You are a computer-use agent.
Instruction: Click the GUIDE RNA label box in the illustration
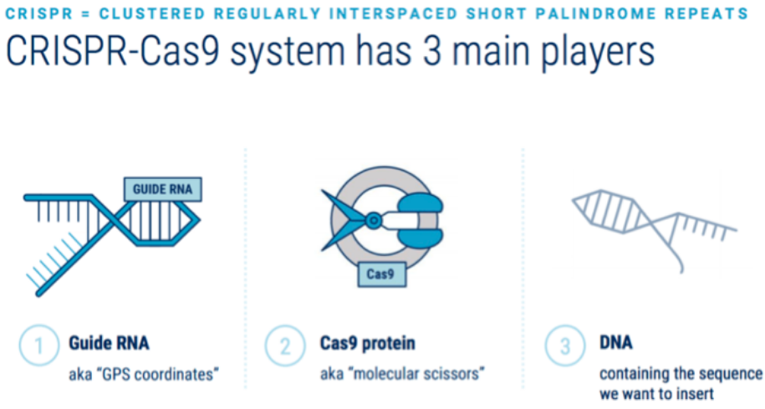162,189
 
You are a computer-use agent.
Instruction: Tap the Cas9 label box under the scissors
381,274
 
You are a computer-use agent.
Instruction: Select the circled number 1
39,345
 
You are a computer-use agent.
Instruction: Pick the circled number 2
285,345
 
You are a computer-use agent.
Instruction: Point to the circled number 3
565,345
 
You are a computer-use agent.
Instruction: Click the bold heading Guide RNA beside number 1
109,343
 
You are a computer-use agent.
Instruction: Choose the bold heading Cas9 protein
367,343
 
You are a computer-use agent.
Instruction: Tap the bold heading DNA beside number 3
615,342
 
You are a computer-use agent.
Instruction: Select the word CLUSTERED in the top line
151,13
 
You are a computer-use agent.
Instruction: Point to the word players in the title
598,53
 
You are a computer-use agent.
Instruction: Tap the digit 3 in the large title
432,51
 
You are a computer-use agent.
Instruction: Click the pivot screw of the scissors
373,221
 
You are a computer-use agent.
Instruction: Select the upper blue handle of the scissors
421,203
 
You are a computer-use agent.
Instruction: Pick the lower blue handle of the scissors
421,238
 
